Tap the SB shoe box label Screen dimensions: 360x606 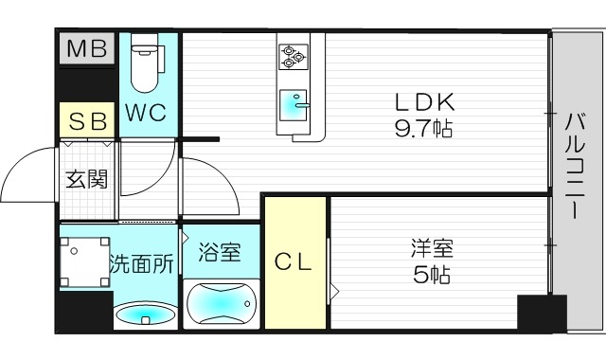point(87,121)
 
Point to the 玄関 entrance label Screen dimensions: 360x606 point(86,178)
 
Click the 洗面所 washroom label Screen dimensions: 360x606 point(141,264)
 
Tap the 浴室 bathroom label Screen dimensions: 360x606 point(220,252)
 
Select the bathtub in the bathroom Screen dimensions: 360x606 point(223,303)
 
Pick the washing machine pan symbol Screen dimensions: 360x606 point(83,258)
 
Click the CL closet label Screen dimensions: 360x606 point(294,262)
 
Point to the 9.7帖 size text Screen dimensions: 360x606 point(424,128)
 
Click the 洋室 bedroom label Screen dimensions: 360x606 point(433,251)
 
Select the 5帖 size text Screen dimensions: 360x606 point(432,277)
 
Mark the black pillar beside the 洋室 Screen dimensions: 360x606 point(541,312)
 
